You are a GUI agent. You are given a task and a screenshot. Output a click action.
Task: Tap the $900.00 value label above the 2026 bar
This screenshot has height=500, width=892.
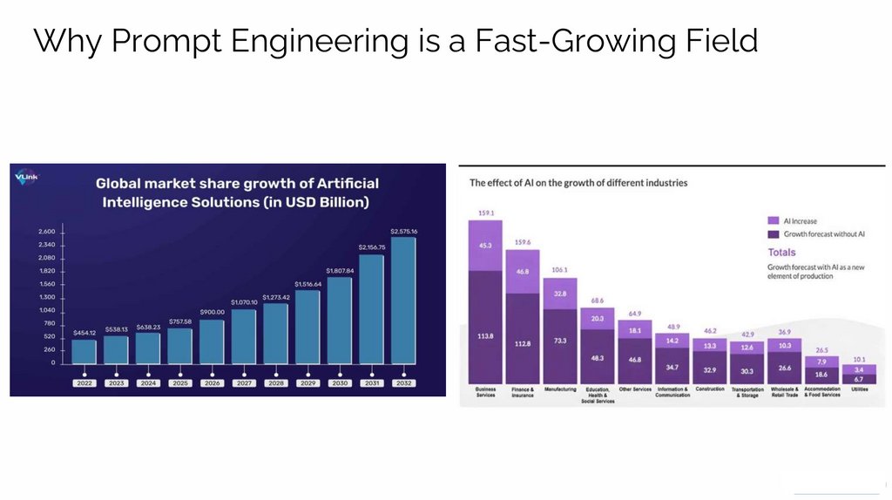[x=212, y=312]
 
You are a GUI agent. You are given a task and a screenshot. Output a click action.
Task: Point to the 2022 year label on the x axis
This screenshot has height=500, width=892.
[x=84, y=382]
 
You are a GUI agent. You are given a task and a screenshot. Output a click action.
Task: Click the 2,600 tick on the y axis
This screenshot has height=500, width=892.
[x=46, y=231]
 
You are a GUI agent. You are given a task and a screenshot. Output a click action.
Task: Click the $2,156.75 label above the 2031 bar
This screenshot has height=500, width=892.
[x=371, y=247]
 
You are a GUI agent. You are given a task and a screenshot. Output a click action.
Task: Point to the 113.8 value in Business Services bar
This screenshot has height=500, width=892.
[x=485, y=336]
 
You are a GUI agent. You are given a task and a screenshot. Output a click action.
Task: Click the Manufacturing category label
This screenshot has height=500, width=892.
[x=560, y=389]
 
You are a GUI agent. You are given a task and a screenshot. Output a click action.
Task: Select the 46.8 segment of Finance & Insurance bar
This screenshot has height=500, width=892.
[x=523, y=272]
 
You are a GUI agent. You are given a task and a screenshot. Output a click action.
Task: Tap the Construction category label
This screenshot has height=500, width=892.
[x=710, y=389]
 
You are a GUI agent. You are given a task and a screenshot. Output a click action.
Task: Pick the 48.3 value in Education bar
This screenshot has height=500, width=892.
[x=598, y=358]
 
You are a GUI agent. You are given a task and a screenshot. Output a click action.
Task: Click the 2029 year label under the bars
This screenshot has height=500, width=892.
[x=307, y=382]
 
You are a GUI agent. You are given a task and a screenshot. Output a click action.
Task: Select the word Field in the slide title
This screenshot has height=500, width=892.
[x=717, y=41]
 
